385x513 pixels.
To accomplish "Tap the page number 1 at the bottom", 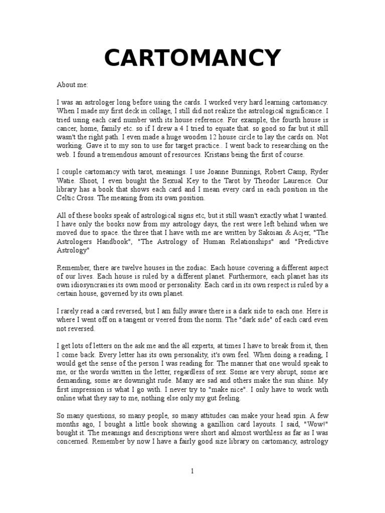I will [x=192, y=470].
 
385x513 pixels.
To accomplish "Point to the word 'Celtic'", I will [x=66, y=198].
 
